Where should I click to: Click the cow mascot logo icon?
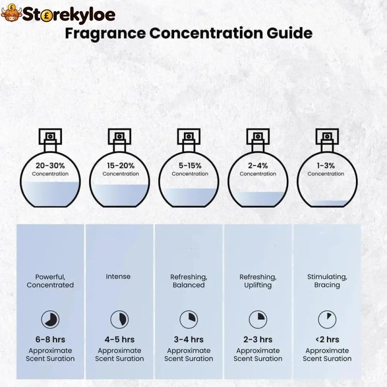[11, 13]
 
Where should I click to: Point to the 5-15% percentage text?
[190, 166]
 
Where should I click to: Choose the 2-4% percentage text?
[258, 166]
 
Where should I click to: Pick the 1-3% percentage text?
[326, 166]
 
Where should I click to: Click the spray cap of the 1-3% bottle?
[327, 137]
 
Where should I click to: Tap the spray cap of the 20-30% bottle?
[50, 137]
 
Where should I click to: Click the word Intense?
[118, 276]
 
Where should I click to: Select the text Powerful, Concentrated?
[50, 281]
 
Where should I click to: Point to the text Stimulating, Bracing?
[327, 281]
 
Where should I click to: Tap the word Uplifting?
[258, 285]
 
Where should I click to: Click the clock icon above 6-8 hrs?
[50, 319]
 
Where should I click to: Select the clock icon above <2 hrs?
[327, 319]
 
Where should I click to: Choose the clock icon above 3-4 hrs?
[189, 319]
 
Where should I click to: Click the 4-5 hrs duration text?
[120, 340]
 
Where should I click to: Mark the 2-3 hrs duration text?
[258, 340]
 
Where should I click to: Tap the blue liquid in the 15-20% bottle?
[120, 195]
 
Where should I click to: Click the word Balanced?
[188, 285]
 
